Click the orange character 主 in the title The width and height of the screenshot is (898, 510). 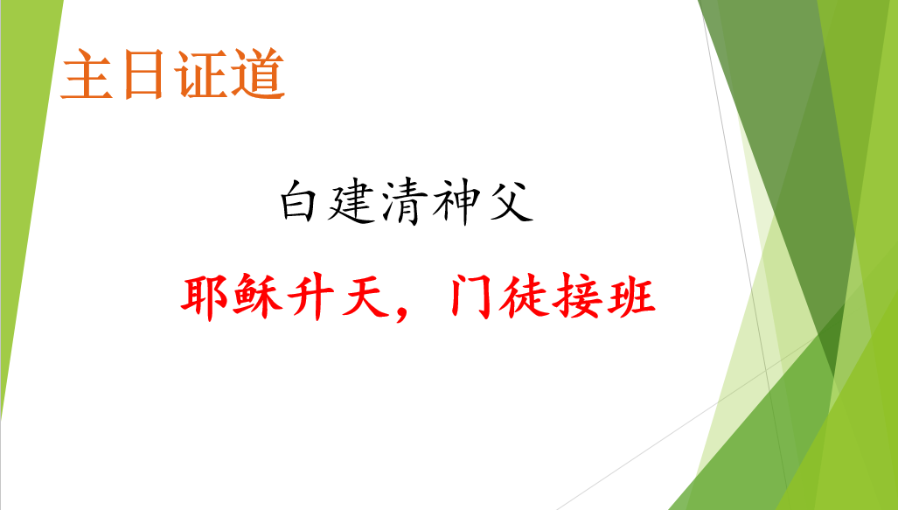pyautogui.click(x=87, y=74)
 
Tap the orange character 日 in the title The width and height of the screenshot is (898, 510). pyautogui.click(x=143, y=74)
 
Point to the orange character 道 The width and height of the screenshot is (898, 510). pyautogui.click(x=257, y=74)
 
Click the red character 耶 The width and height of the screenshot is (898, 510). pyautogui.click(x=205, y=297)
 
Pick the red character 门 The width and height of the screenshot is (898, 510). pyautogui.click(x=470, y=297)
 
